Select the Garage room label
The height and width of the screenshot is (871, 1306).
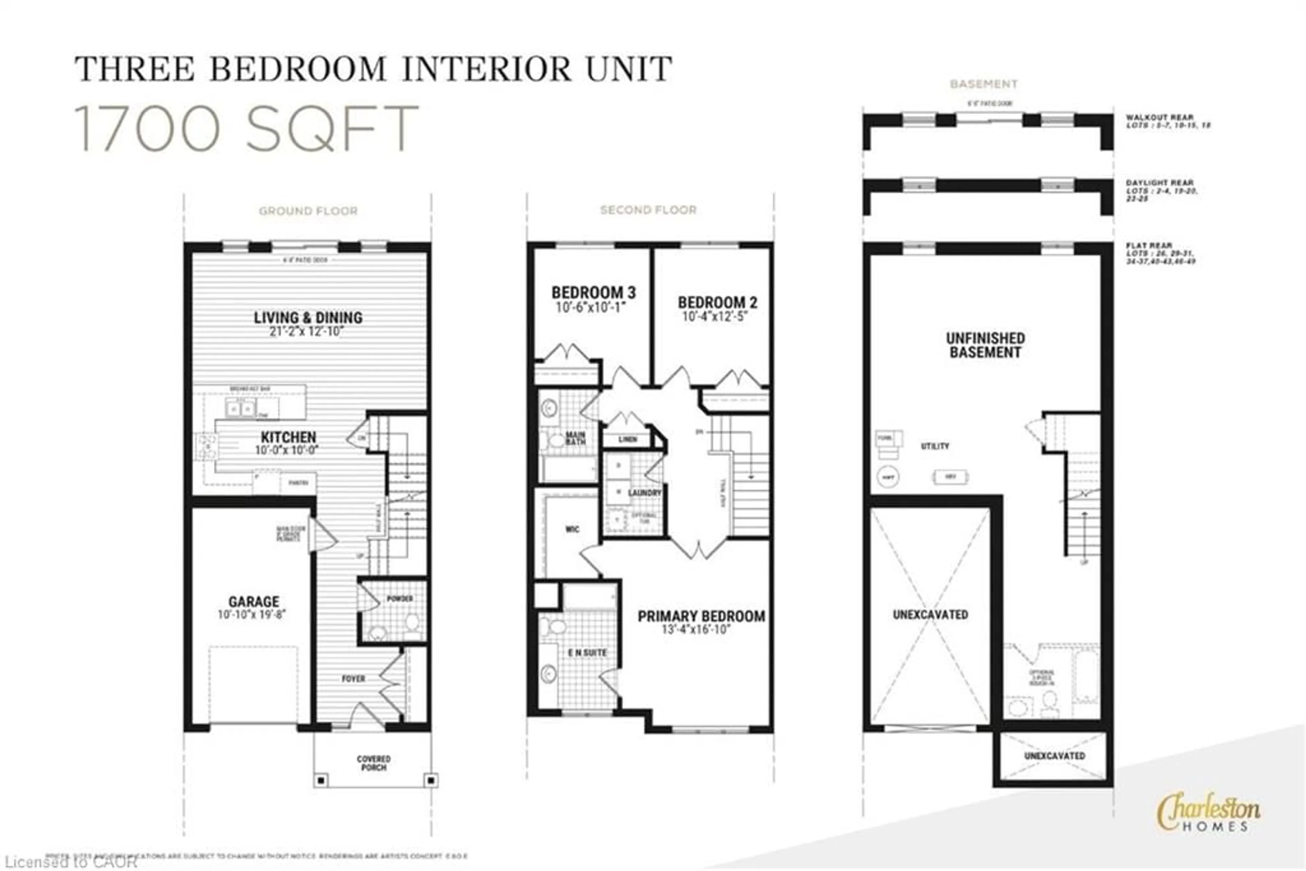253,602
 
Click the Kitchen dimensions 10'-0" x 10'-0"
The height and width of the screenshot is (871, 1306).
287,450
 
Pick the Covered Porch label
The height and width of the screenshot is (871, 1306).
373,763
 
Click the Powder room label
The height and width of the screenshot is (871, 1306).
399,598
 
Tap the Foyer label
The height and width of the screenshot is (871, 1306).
353,678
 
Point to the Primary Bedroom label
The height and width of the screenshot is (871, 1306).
701,616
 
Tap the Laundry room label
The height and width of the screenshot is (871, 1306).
644,493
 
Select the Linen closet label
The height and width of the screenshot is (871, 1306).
628,439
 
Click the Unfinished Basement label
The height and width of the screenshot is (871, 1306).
985,345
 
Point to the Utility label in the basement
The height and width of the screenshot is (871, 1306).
935,446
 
